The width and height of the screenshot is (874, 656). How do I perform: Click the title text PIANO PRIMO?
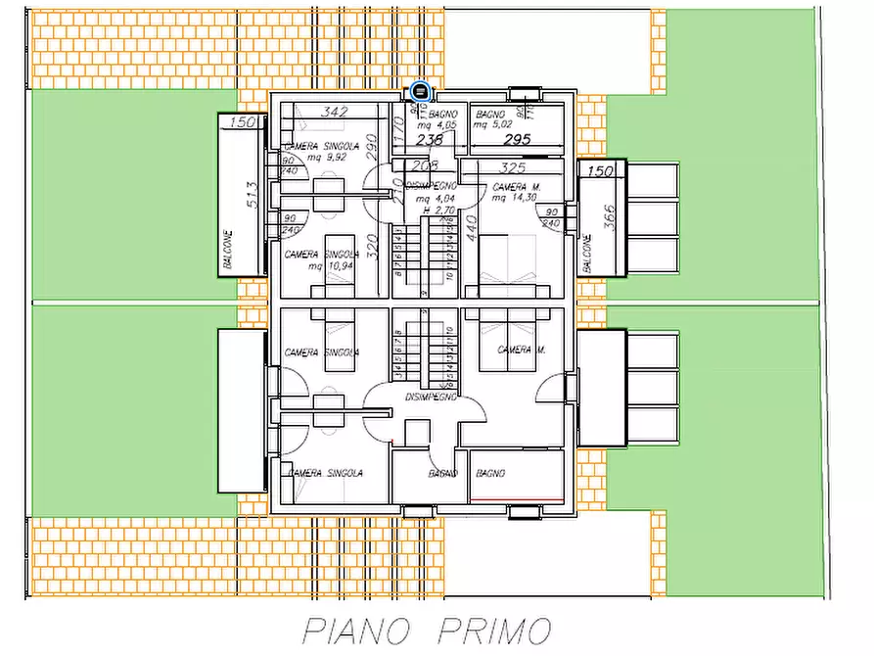pyautogui.click(x=426, y=629)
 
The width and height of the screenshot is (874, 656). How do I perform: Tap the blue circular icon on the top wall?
pyautogui.click(x=421, y=92)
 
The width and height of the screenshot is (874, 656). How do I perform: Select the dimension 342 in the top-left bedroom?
pyautogui.click(x=335, y=113)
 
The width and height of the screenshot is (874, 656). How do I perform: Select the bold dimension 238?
pyautogui.click(x=428, y=140)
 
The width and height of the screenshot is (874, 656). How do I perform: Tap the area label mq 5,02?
pyautogui.click(x=493, y=125)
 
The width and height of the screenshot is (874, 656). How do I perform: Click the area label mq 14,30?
pyautogui.click(x=515, y=198)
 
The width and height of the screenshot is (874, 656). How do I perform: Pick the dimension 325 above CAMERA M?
pyautogui.click(x=513, y=167)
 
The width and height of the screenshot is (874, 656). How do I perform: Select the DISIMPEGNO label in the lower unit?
pyautogui.click(x=431, y=398)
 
